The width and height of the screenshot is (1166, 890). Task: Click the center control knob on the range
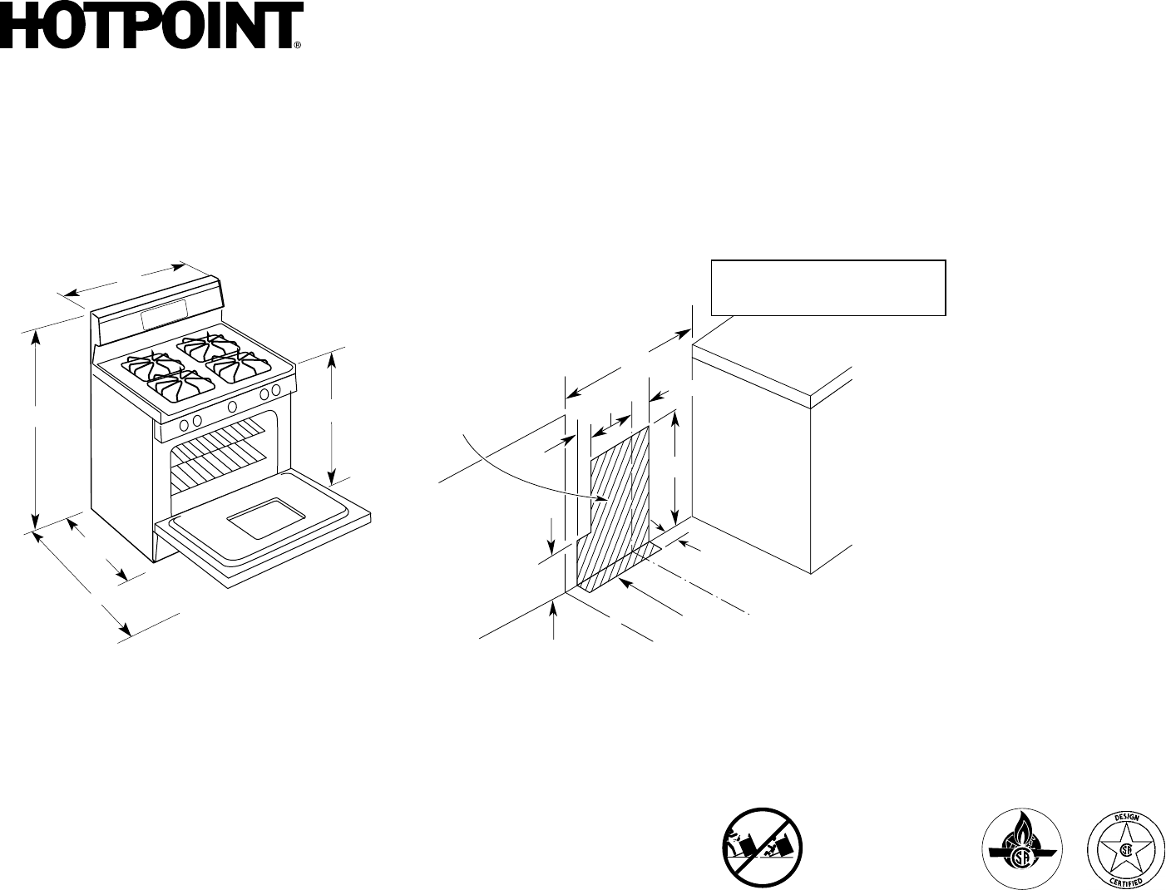click(x=233, y=406)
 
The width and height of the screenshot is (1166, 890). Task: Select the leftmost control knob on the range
click(x=183, y=422)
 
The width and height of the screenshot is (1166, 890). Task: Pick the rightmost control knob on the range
click(x=276, y=390)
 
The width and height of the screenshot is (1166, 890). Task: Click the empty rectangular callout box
click(x=828, y=288)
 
